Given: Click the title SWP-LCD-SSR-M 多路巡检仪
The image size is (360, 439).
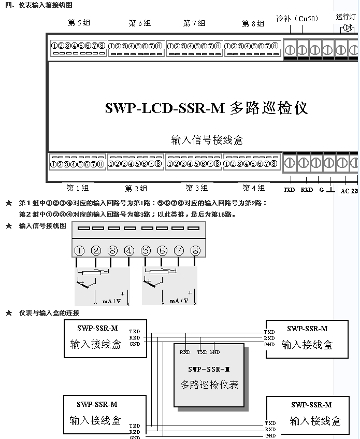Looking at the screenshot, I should point(206,108).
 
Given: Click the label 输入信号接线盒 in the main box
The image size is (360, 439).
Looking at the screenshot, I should point(207,140).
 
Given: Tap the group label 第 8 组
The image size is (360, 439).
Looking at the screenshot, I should point(253,23).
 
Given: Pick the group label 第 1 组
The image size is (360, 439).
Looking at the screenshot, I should point(78,188).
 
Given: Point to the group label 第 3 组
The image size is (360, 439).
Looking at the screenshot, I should point(197,188).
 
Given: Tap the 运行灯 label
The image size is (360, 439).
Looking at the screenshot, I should point(345,17).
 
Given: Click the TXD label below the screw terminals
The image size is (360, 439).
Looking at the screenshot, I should point(289,190).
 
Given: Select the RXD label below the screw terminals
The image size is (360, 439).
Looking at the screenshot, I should point(307,190).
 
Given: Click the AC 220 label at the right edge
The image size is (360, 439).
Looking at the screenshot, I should point(349,191).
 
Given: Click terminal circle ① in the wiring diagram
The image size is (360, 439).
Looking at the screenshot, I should point(79,251).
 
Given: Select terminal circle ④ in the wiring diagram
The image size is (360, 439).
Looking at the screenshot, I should point(129,251).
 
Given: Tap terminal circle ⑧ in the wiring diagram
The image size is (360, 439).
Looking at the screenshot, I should point(195,251).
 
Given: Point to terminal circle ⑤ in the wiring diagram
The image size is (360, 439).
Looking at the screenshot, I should point(146,251).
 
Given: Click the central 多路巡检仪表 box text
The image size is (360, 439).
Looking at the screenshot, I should point(209,385).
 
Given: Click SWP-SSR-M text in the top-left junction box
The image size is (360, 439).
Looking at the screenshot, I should point(97,328).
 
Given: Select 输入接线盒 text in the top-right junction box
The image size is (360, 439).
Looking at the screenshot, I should point(307,345).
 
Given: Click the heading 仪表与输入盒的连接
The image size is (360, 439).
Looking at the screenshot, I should point(49,313).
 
